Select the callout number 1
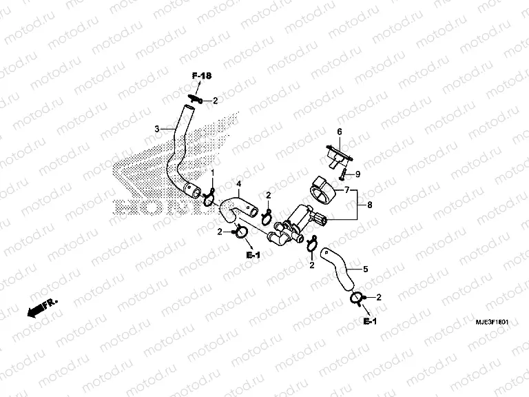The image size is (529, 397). [212, 172]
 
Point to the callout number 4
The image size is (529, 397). [239, 184]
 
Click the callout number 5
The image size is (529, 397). [365, 269]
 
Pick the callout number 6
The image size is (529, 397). [339, 131]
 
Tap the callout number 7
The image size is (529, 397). [347, 189]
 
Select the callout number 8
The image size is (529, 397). [371, 205]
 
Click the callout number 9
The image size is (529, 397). [357, 175]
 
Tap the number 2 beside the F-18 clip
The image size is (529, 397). [215, 101]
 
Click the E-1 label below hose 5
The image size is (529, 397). [370, 323]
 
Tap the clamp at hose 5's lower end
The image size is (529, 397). [359, 298]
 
